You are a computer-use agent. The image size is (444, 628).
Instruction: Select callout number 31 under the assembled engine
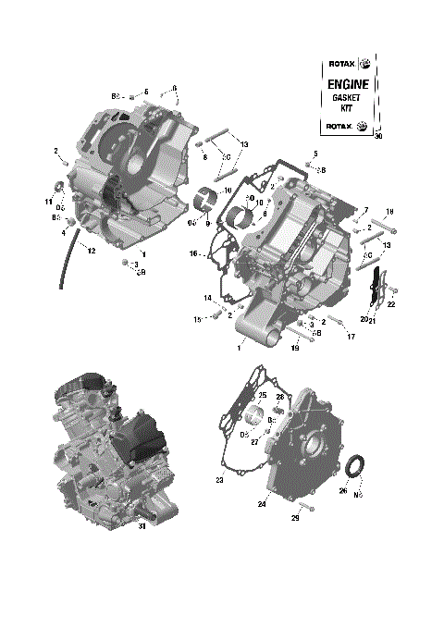click(x=142, y=527)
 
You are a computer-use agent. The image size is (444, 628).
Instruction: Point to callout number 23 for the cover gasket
click(x=220, y=480)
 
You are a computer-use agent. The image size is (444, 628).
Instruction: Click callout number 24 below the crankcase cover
click(x=263, y=504)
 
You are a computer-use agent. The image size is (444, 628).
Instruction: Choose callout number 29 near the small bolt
click(x=295, y=518)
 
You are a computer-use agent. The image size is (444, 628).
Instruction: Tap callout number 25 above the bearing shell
click(x=262, y=396)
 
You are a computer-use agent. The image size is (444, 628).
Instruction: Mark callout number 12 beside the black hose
click(x=91, y=251)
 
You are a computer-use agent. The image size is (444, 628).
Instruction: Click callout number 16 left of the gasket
click(x=194, y=253)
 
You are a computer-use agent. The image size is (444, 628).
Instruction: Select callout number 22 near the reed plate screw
click(x=392, y=303)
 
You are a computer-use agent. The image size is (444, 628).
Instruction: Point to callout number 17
click(x=351, y=336)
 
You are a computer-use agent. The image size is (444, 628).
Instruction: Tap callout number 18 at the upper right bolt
click(x=389, y=211)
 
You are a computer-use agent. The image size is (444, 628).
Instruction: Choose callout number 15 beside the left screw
click(x=196, y=320)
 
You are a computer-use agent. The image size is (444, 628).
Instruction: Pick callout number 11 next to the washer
click(x=48, y=202)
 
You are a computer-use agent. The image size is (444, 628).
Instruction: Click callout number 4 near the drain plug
click(x=64, y=233)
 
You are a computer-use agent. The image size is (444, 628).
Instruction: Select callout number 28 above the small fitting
click(x=280, y=396)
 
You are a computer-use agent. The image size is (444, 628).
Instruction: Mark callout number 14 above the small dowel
click(x=208, y=297)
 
